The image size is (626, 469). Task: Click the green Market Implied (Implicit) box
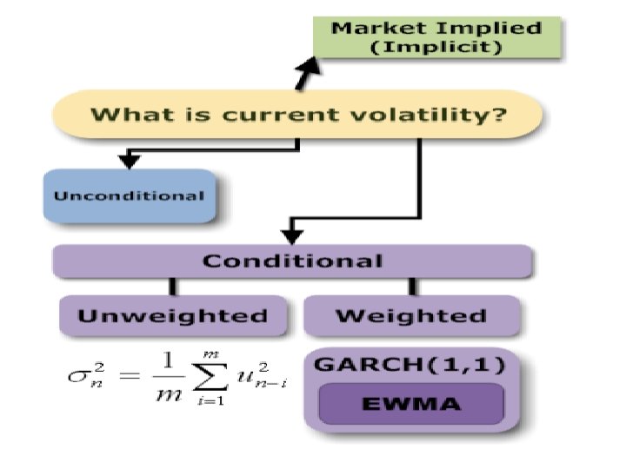[x=437, y=37]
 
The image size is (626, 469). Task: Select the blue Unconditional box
[x=129, y=195]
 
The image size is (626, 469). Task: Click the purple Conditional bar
[x=292, y=261]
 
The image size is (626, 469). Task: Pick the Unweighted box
[x=172, y=315]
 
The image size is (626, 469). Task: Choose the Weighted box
[x=410, y=315]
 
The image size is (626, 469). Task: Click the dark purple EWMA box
[x=410, y=404]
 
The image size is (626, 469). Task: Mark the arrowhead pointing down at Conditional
[x=292, y=234]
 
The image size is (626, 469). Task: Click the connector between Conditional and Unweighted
[x=173, y=286]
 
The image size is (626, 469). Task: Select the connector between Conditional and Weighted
[x=412, y=286]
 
